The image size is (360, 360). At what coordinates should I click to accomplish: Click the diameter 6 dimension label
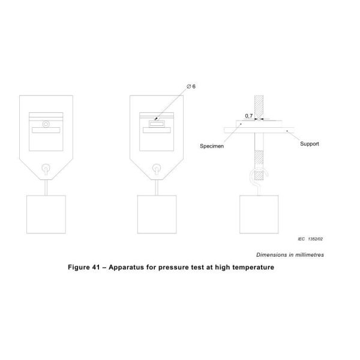click(x=191, y=87)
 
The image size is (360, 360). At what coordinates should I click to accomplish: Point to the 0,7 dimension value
click(x=249, y=115)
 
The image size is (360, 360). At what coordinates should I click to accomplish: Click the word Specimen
click(x=211, y=146)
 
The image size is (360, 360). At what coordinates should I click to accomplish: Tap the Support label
click(x=310, y=145)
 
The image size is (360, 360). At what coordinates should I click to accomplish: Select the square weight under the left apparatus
click(x=46, y=214)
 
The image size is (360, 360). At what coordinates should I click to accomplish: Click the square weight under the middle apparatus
click(x=156, y=214)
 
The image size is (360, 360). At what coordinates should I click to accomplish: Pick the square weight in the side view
click(x=259, y=214)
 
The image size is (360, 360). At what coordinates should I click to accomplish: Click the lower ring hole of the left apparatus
click(x=46, y=169)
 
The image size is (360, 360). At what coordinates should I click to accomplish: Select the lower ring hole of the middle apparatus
click(x=156, y=169)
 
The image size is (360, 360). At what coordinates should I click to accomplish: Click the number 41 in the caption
click(x=100, y=268)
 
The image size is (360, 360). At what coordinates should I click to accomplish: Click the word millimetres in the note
click(x=306, y=254)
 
